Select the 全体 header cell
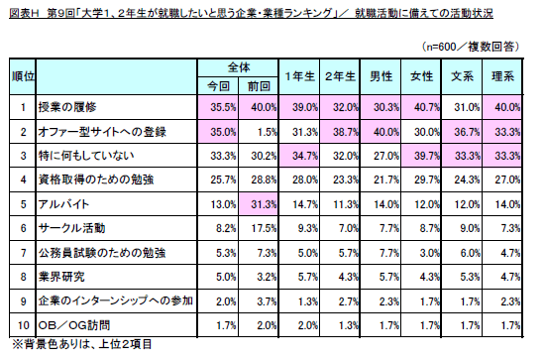[238, 67]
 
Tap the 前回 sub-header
[259, 85]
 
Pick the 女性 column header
[420, 76]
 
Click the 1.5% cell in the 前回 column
[259, 130]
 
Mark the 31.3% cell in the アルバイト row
[259, 202]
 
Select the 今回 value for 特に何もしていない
[217, 155]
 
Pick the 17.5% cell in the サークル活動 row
[259, 226]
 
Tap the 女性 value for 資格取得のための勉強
[420, 179]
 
